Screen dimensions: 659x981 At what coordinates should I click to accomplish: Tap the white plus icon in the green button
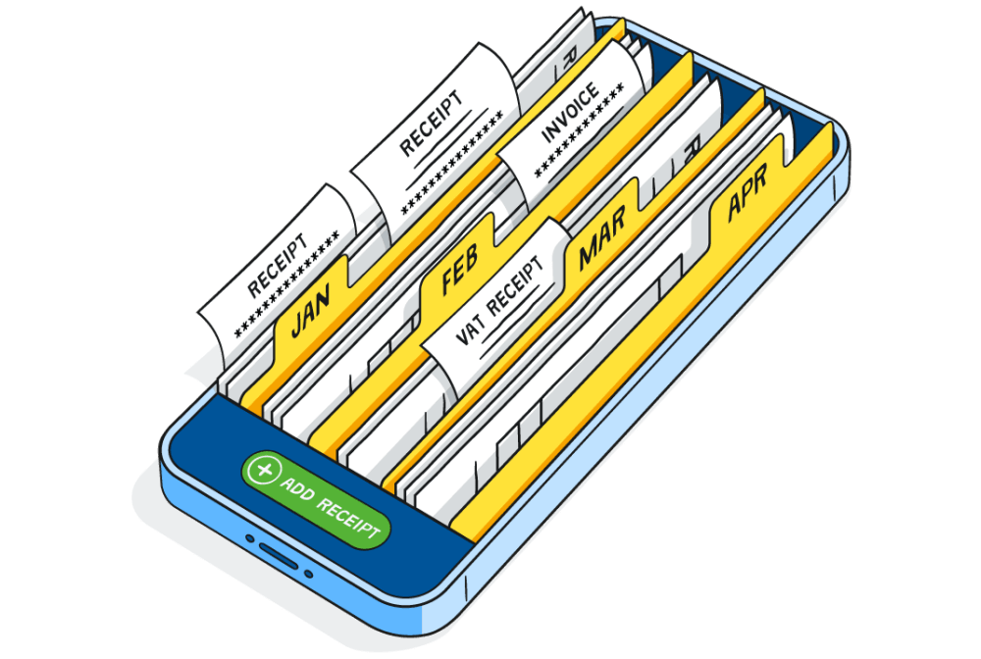[x=262, y=471]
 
